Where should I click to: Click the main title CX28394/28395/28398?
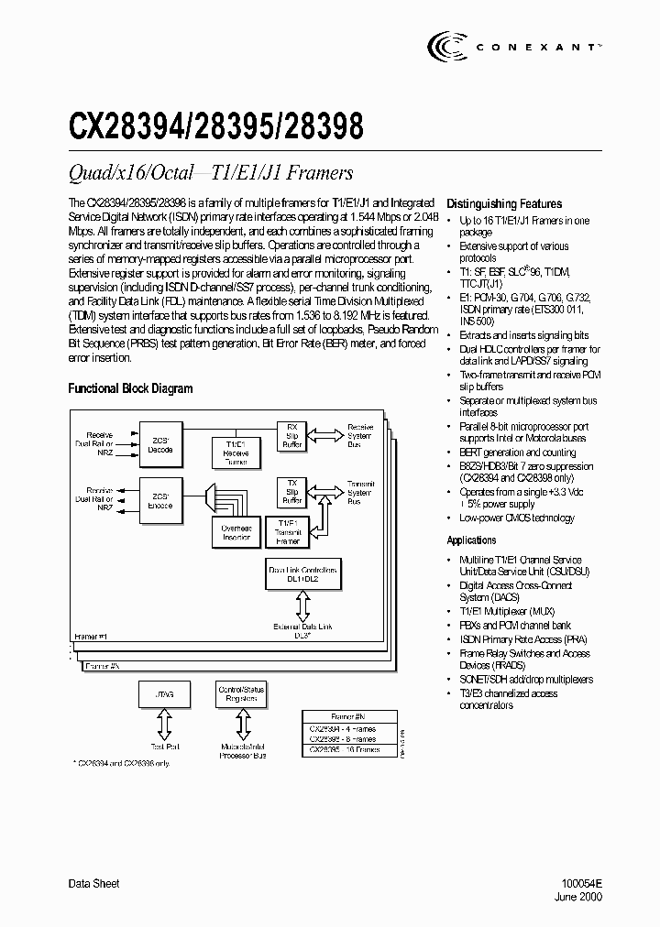click(216, 125)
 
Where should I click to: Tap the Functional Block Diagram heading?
click(130, 388)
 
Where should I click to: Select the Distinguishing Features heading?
click(503, 204)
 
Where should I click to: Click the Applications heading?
click(471, 540)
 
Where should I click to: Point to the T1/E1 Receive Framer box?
click(236, 451)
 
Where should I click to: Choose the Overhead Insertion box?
click(236, 532)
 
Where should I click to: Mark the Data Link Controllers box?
click(302, 575)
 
